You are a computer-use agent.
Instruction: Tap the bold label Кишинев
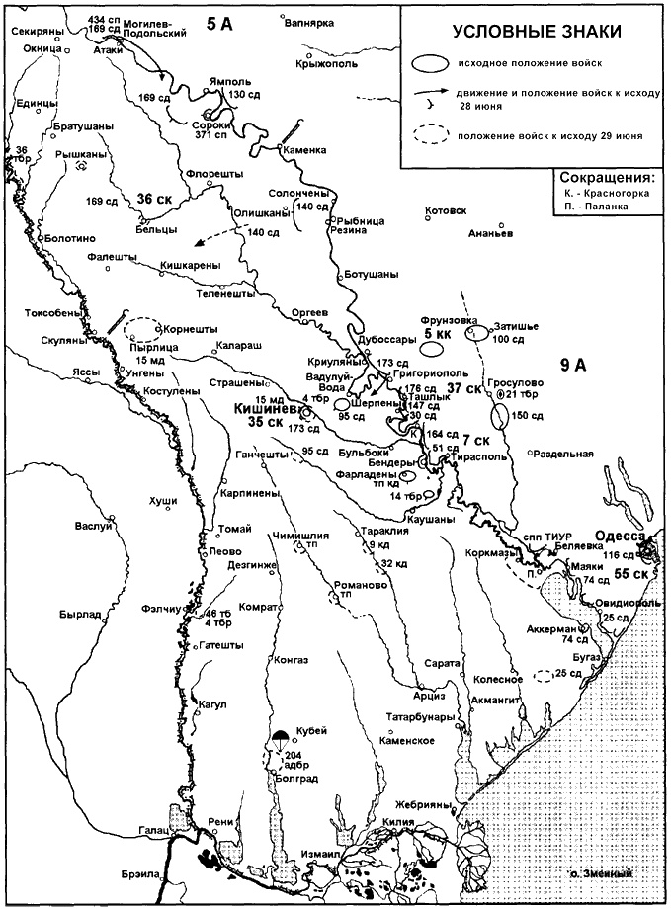point(267,407)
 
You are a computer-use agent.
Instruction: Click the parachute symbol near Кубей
point(281,736)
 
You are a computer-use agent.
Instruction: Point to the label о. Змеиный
point(602,873)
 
